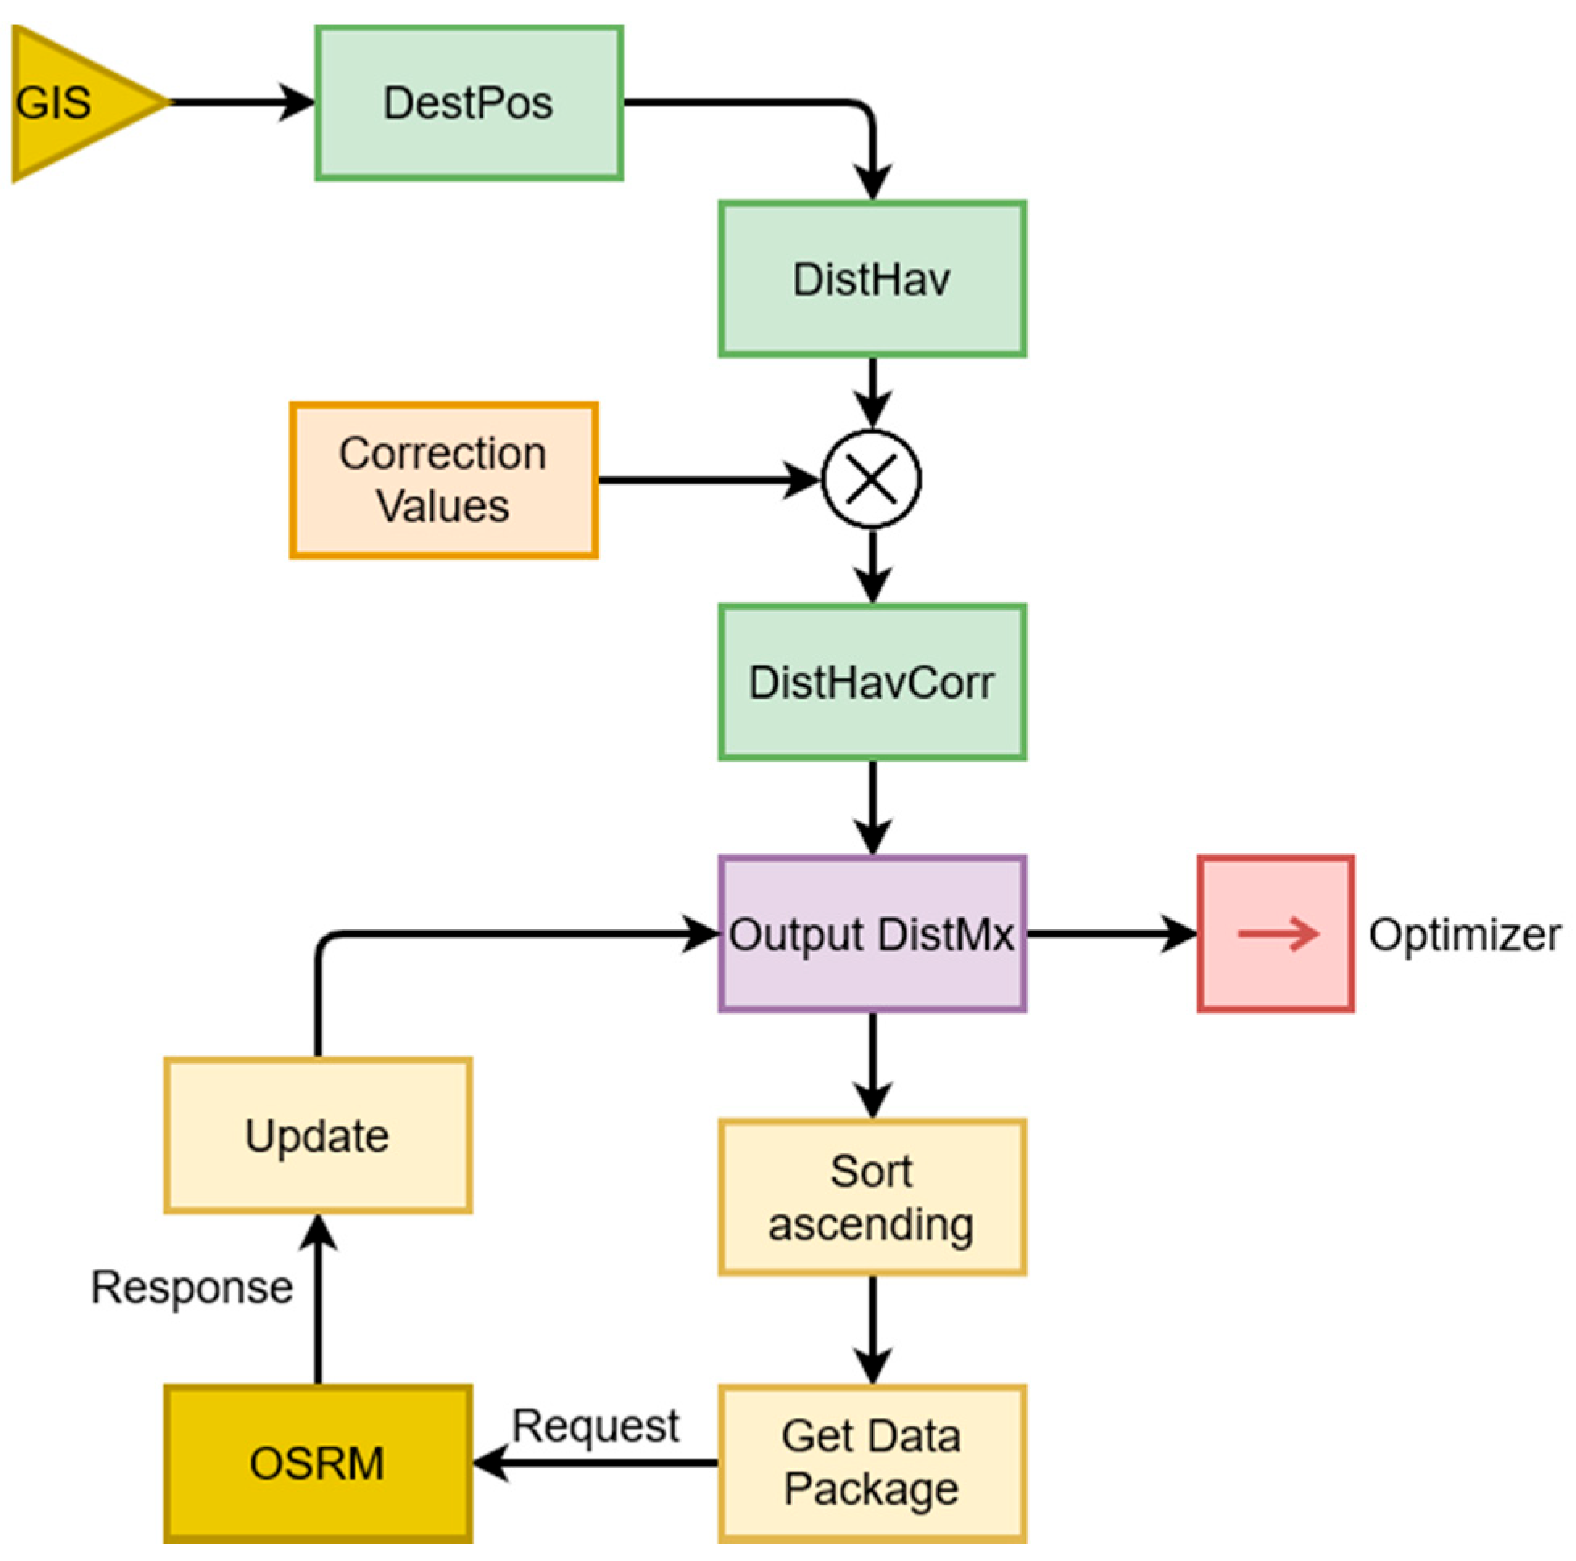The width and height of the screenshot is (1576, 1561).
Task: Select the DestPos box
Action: tap(469, 104)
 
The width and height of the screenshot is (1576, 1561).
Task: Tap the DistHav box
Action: tap(872, 279)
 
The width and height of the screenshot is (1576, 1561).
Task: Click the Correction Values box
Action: tap(444, 480)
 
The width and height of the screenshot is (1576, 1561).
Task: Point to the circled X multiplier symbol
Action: tap(872, 479)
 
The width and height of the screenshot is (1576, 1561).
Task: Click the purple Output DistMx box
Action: tap(872, 934)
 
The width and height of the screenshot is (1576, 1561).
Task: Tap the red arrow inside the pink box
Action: tap(1276, 934)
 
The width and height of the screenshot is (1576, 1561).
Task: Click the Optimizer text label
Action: tap(1464, 934)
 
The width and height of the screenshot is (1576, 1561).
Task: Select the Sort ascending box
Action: tap(872, 1197)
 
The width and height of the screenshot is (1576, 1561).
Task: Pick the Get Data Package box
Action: tap(872, 1463)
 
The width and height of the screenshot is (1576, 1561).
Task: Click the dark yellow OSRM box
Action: tap(317, 1463)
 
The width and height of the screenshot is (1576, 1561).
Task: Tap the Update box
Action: tap(317, 1135)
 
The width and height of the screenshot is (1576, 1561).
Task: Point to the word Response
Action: tap(192, 1288)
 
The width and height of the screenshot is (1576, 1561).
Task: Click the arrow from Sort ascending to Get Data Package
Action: tap(873, 1330)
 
